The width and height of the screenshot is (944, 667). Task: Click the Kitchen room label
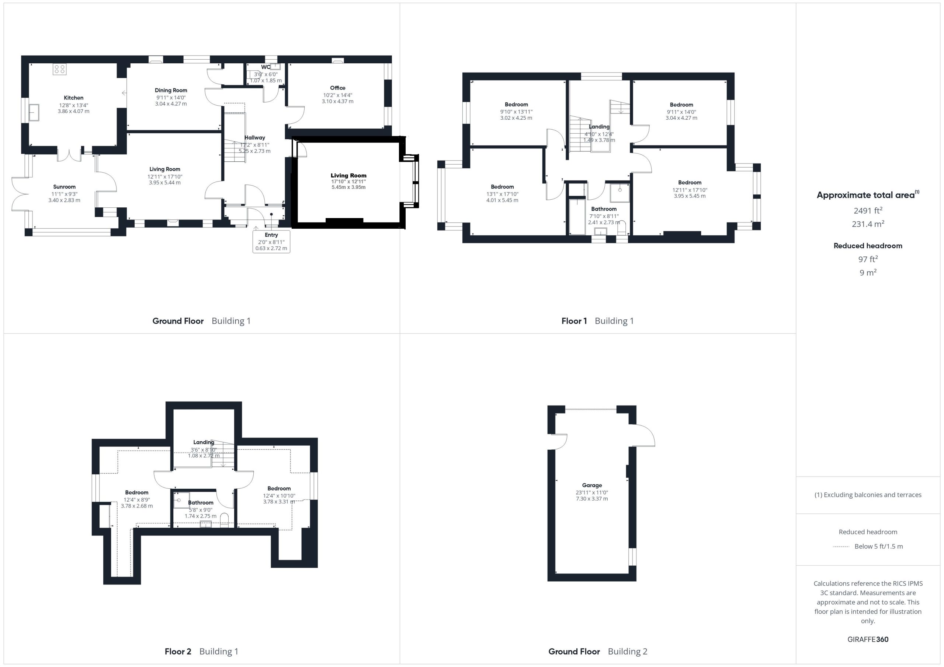coord(74,98)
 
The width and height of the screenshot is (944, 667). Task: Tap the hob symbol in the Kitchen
coord(59,69)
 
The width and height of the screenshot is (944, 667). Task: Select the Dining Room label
coord(171,90)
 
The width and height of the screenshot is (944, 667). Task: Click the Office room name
coord(337,88)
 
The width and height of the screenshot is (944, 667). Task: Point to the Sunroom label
coord(65,187)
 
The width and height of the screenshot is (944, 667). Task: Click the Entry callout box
coord(271,242)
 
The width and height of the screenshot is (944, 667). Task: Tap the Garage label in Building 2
coord(592,485)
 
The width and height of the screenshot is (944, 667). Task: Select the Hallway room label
coord(255,138)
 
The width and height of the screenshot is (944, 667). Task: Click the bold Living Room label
coord(349,175)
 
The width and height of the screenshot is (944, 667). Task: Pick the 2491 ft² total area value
coord(868,210)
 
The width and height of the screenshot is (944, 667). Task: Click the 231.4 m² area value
coord(868,224)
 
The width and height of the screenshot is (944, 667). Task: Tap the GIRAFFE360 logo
coord(868,639)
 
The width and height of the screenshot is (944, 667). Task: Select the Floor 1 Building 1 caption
coord(597,321)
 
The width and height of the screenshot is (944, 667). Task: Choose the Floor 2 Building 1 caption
coord(201,652)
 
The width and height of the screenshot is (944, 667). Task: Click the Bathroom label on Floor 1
coord(604,209)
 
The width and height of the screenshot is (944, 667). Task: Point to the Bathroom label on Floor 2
coord(201,503)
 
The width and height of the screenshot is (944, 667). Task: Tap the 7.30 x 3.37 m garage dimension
coord(592,499)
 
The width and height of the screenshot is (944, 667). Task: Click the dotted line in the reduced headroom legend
coord(841,547)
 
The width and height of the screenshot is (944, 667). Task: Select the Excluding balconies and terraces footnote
coord(868,495)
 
